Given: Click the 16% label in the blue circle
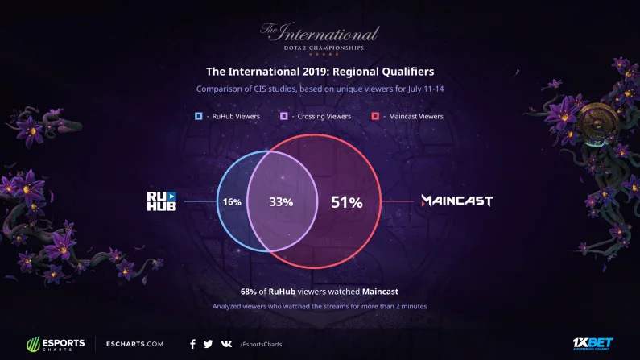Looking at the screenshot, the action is [232, 201].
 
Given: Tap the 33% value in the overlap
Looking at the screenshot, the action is [281, 201].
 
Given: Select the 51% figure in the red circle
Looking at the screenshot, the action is [346, 202].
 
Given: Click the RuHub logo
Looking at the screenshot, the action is [162, 201].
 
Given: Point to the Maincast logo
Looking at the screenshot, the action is [456, 201].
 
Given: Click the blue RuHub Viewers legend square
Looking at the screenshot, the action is [198, 116].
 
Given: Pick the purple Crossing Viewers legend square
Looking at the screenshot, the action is [283, 116].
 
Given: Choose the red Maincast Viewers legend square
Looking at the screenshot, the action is [375, 116].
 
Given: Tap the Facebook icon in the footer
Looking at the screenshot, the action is [192, 344].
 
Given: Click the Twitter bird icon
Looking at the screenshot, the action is [208, 344].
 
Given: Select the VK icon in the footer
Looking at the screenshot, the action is [226, 344].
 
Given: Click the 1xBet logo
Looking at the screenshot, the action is [593, 344].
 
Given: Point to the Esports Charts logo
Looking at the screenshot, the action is [56, 344].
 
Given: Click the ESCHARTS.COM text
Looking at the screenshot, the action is [134, 344].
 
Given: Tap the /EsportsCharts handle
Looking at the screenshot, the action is [261, 344].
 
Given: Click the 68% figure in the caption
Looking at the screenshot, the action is [248, 292].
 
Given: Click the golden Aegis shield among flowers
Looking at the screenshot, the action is [597, 124].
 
